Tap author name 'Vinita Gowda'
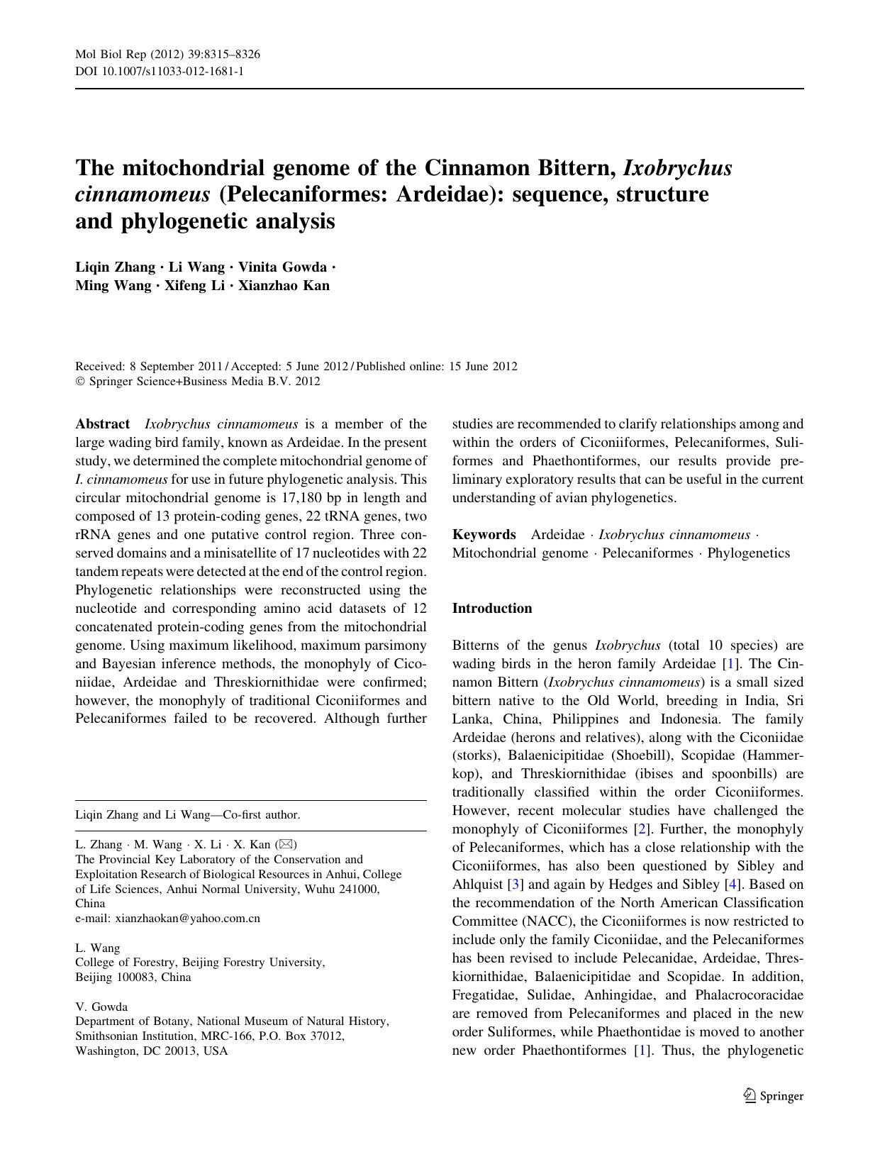click(x=282, y=267)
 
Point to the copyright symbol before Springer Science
click(x=79, y=382)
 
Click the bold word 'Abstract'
click(x=102, y=424)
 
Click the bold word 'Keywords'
click(x=484, y=535)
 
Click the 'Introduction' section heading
click(x=491, y=609)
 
